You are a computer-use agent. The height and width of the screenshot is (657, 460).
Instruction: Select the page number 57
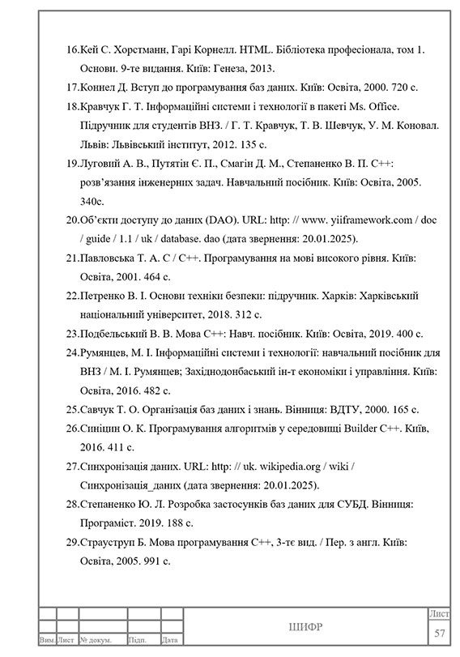441,632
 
